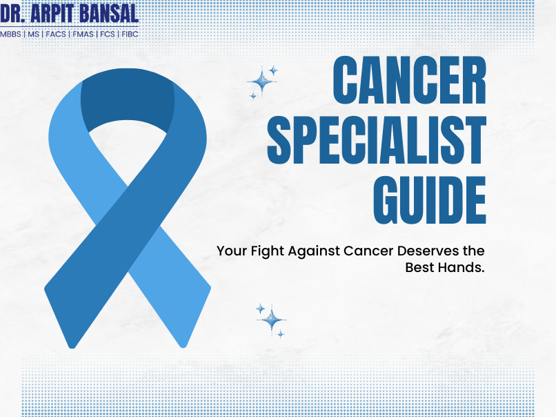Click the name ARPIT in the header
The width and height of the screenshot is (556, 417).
(x=53, y=14)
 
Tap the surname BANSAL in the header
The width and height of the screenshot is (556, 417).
(x=109, y=14)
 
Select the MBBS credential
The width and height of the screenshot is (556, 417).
(x=10, y=34)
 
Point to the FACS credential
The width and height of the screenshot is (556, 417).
(x=55, y=34)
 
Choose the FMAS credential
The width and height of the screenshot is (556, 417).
(x=83, y=34)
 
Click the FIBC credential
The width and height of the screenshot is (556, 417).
(x=130, y=34)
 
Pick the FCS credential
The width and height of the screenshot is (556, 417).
(x=107, y=34)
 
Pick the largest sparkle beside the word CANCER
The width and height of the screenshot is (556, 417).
(x=261, y=82)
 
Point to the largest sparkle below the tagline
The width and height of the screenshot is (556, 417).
(x=272, y=319)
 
